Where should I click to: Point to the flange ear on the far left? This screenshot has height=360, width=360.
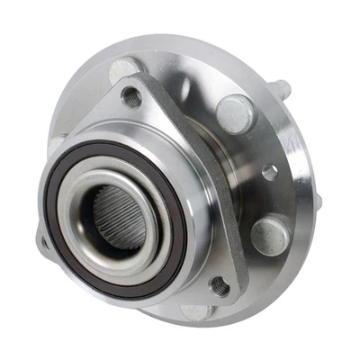[45, 241]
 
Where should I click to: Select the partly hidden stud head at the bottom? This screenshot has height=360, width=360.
[195, 311]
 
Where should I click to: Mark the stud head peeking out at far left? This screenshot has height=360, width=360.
[56, 144]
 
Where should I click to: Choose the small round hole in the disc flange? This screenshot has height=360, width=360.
[266, 170]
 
